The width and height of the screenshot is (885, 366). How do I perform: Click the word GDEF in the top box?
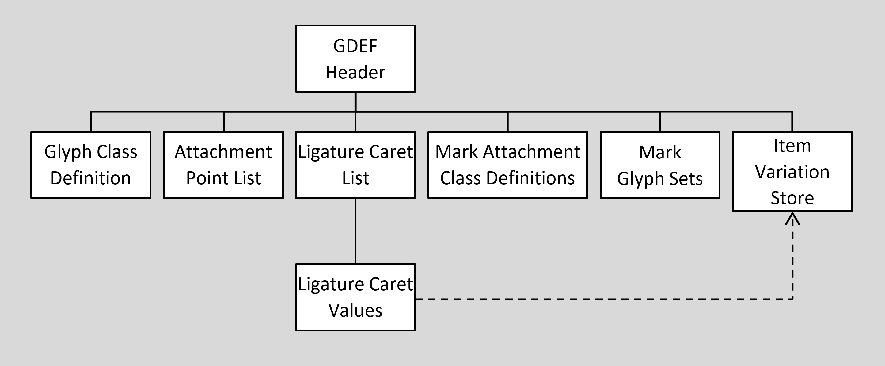pyautogui.click(x=355, y=46)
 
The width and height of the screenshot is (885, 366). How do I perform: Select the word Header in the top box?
pyautogui.click(x=355, y=73)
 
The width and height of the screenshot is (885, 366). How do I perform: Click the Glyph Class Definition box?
pyautogui.click(x=91, y=165)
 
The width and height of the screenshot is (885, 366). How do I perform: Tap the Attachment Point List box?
pyautogui.click(x=223, y=165)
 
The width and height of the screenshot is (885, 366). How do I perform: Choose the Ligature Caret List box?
pyautogui.click(x=355, y=165)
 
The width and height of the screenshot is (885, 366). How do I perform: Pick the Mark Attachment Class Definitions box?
pyautogui.click(x=507, y=165)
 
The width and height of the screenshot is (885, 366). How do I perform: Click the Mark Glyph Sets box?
pyautogui.click(x=660, y=165)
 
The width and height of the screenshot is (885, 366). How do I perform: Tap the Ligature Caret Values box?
pyautogui.click(x=355, y=297)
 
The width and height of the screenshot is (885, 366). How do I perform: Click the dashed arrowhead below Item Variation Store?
pyautogui.click(x=792, y=219)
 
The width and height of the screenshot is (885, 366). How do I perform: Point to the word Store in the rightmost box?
pyautogui.click(x=792, y=198)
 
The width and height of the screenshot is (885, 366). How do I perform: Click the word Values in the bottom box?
pyautogui.click(x=355, y=310)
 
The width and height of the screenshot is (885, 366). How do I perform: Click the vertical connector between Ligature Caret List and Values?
pyautogui.click(x=355, y=231)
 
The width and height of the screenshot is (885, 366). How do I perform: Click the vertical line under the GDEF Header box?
pyautogui.click(x=355, y=102)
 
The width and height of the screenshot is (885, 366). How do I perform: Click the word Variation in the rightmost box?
pyautogui.click(x=792, y=172)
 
